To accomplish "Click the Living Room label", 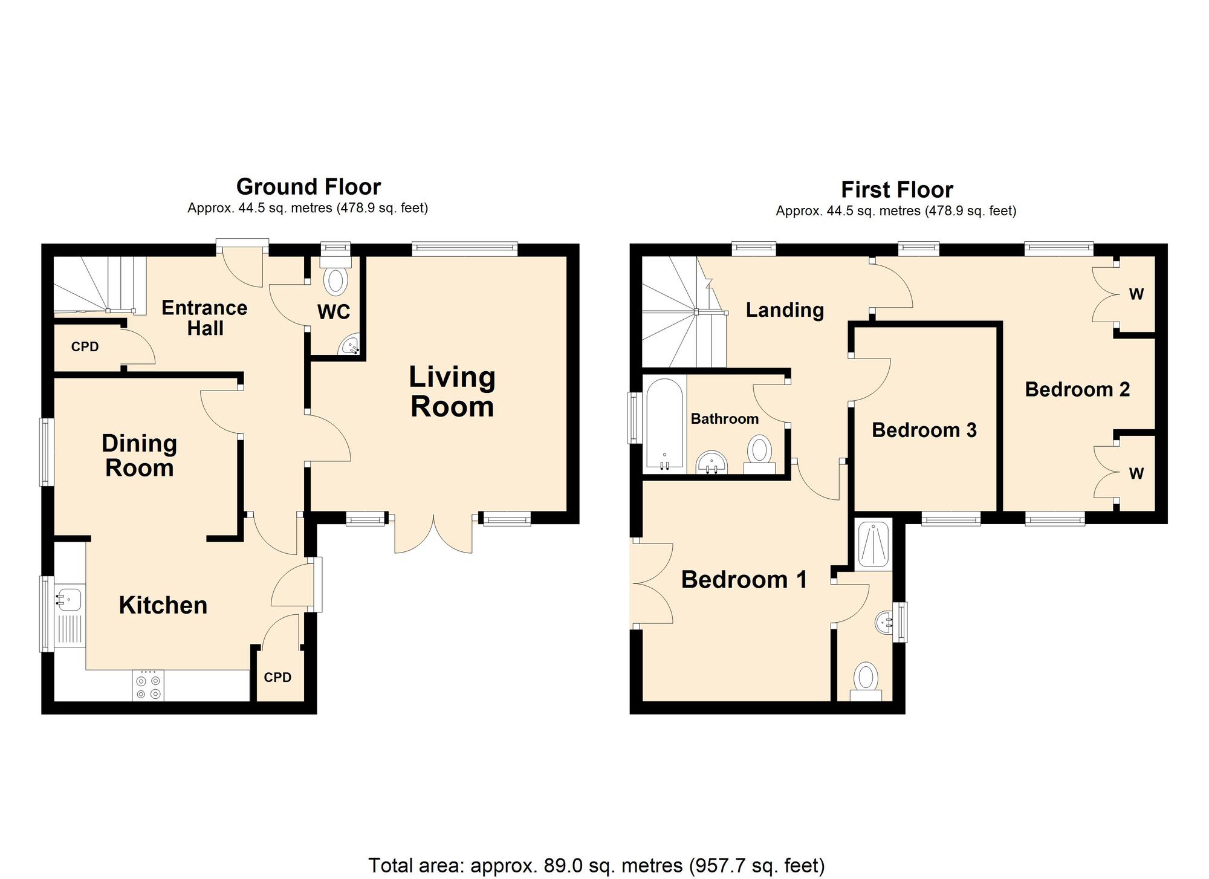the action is coord(452,392).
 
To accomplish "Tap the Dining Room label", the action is coord(139,456).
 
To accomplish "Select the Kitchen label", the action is coord(163,605).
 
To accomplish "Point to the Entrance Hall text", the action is coord(204,318).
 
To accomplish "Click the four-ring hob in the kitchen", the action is coord(148,686).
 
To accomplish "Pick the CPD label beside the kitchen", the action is coord(277,677).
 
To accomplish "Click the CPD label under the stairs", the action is coord(85,347).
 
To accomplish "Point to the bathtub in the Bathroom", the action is coord(664,424).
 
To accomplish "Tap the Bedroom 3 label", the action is coord(924,430).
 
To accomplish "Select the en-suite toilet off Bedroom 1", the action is coord(866,681).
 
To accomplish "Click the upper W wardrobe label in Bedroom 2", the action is coord(1136,294).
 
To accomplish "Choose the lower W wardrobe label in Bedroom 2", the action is coord(1136,473).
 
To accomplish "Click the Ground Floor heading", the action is coord(308,186).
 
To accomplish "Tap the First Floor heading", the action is coord(897,190).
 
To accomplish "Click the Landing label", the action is coord(785,310).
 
